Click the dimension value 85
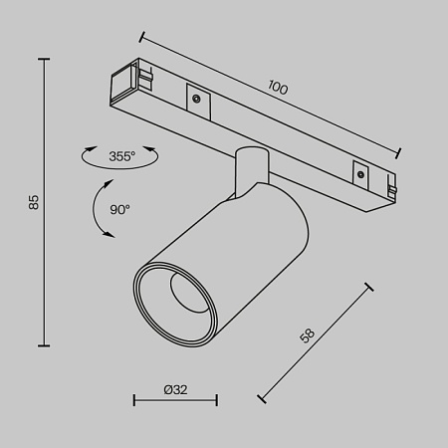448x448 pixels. [33, 202]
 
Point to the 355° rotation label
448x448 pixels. [121, 156]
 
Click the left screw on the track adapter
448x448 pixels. [197, 98]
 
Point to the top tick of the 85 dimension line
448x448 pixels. [45, 60]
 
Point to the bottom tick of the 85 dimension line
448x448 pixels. [45, 344]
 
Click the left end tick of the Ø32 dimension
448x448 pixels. [134, 401]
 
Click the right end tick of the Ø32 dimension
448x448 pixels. [216, 401]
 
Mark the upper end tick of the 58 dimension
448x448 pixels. [369, 288]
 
